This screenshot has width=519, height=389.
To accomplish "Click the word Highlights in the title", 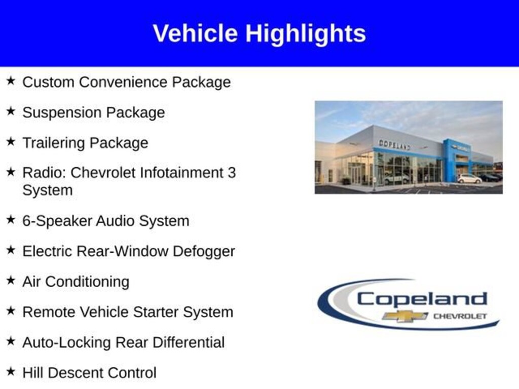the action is click(x=306, y=34).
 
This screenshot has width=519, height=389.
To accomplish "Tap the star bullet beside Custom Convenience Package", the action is click(x=11, y=81).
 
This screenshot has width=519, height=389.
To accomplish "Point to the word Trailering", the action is click(x=54, y=143).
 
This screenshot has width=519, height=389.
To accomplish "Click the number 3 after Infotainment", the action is click(x=231, y=172).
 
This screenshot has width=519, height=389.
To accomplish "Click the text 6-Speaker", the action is click(x=57, y=221).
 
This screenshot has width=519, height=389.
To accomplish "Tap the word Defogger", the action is click(x=204, y=251).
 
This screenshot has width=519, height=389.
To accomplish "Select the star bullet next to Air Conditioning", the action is click(x=11, y=280).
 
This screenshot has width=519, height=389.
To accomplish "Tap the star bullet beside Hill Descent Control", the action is click(x=11, y=371).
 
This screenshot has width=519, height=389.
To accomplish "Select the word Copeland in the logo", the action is click(x=422, y=299).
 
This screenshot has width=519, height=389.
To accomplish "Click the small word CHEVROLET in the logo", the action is click(x=460, y=316).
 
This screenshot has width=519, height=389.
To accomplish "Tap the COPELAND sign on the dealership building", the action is click(x=394, y=144).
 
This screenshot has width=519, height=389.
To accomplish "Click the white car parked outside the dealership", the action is click(x=469, y=179).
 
